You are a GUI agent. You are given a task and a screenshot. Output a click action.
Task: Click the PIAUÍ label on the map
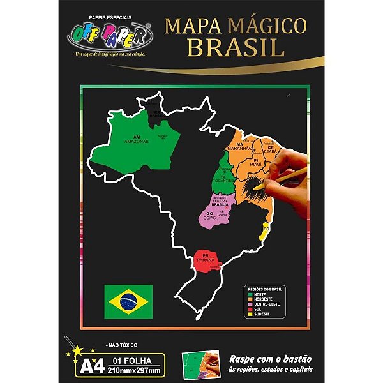(259, 163)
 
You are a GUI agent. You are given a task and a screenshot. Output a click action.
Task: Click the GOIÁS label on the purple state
(209, 217)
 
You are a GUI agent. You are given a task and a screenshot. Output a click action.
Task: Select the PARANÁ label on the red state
(206, 259)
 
